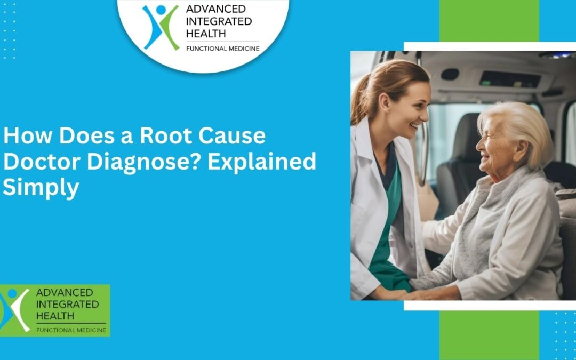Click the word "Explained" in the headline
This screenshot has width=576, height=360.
click(x=262, y=162)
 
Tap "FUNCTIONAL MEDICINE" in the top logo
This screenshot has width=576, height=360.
click(x=222, y=49)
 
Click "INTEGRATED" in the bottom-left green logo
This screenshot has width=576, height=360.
click(x=67, y=304)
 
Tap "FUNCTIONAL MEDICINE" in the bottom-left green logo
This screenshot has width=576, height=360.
click(x=70, y=330)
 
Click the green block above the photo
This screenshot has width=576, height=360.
click(x=489, y=20)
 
